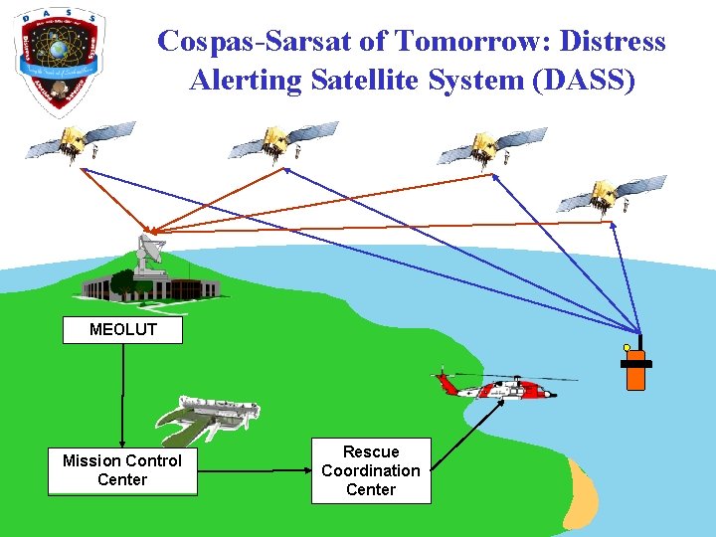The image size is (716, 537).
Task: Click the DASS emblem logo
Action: point(58,57)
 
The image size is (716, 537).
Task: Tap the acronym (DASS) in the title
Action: point(584,80)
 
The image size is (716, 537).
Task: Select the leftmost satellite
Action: point(80,141)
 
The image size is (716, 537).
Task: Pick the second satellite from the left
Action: point(282,140)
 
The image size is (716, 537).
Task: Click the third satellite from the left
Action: point(492,147)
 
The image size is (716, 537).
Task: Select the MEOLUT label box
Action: point(122,330)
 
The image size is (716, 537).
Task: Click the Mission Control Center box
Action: point(122,470)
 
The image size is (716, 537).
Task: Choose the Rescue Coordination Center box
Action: point(371,470)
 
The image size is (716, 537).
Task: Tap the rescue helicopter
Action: point(497,385)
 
